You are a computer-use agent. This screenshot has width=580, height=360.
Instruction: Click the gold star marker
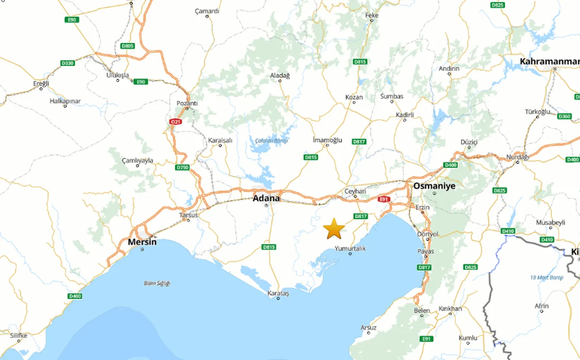tap(334, 229)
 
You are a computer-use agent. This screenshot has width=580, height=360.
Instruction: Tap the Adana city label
tap(266, 198)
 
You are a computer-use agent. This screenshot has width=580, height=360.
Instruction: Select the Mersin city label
tap(142, 242)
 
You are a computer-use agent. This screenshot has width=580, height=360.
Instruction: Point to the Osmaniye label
tap(434, 186)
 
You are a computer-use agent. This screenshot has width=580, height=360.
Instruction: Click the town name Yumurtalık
tap(350, 249)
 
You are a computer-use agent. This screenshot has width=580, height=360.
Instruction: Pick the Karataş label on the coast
tap(278, 293)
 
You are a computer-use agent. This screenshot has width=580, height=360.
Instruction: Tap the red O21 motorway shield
tap(175, 122)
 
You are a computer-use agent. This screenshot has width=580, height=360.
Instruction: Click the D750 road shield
tap(182, 168)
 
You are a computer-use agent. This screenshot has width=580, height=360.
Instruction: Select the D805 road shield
tap(128, 46)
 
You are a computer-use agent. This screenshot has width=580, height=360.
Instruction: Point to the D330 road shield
tap(67, 63)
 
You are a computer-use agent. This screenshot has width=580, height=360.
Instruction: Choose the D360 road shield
tap(564, 116)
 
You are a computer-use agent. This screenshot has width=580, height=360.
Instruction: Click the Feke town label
tap(372, 15)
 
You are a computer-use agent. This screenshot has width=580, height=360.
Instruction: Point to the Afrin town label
tap(541, 306)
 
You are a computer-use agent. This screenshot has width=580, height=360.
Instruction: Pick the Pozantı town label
tap(187, 103)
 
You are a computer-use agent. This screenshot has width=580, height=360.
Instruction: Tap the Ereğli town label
tap(41, 83)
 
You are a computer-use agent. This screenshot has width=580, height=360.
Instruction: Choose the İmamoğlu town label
tap(327, 140)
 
